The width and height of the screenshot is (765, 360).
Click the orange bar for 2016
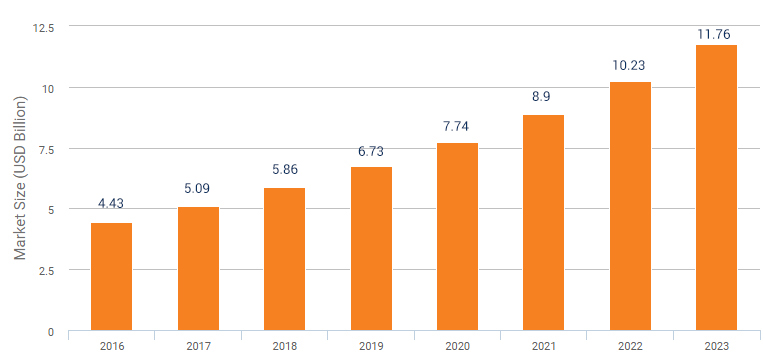point(111,277)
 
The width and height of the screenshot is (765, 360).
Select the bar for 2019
point(371,249)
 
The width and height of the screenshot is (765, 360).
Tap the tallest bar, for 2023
point(717,188)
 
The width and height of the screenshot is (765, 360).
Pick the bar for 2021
point(544,223)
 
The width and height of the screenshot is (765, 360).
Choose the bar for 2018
point(285,259)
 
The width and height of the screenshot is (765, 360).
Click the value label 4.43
point(111,204)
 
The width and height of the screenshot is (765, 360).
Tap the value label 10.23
point(630,66)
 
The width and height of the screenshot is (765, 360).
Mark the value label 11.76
point(717,34)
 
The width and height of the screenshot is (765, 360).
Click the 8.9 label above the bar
point(544,98)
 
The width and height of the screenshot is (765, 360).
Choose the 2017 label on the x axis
point(198,346)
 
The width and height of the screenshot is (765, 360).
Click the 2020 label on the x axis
point(457,346)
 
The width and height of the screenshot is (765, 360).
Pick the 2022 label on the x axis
point(630,346)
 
